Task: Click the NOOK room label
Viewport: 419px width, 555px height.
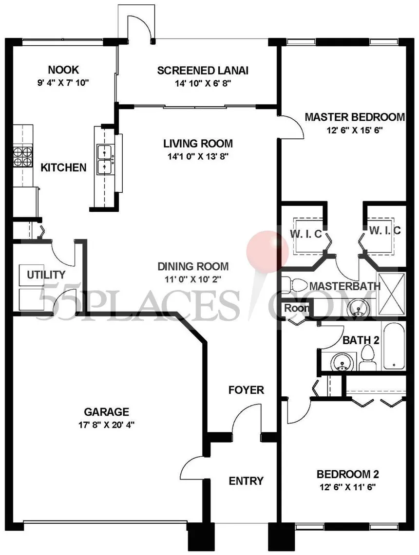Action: [x=63, y=70]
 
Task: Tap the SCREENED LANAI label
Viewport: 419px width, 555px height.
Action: [x=203, y=71]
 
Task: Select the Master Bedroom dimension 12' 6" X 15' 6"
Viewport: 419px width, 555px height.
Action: [x=355, y=130]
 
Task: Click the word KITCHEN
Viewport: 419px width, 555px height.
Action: [x=63, y=167]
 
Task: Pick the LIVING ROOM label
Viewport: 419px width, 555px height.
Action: [x=198, y=143]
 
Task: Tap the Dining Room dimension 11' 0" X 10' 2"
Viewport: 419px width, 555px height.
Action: [x=193, y=279]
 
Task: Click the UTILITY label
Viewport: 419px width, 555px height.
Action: [x=46, y=274]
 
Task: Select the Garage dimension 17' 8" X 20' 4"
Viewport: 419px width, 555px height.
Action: [x=107, y=425]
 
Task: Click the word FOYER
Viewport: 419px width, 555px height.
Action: [x=246, y=390]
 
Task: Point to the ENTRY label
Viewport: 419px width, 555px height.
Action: [x=246, y=481]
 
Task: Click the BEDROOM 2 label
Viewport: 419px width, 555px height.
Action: [x=348, y=474]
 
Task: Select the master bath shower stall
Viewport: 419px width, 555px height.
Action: [x=391, y=293]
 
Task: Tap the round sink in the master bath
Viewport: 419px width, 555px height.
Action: [x=359, y=308]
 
